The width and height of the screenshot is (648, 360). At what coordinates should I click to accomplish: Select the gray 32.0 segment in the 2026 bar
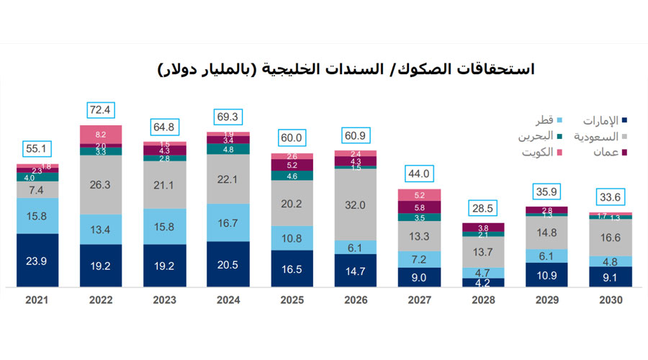(x=356, y=204)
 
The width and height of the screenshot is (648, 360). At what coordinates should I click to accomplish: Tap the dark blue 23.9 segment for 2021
(x=38, y=261)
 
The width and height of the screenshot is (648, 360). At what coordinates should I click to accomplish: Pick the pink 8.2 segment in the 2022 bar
(x=101, y=135)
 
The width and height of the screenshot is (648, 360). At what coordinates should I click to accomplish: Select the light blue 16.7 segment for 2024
(x=228, y=222)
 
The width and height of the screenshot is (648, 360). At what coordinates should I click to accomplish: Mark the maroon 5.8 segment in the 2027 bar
(x=419, y=207)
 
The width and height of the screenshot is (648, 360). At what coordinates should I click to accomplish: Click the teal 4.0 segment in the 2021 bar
(x=38, y=177)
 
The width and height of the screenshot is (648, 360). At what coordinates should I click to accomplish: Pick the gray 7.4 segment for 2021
(x=38, y=190)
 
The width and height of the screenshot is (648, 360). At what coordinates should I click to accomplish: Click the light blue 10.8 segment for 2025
(x=292, y=238)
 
